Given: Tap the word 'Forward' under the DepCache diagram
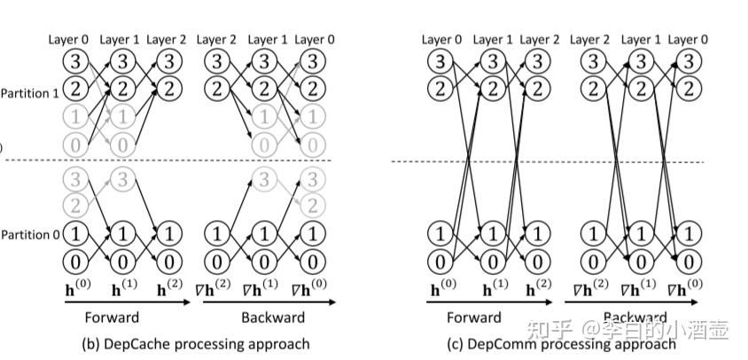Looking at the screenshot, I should pyautogui.click(x=112, y=317).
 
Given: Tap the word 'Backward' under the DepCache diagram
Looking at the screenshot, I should pyautogui.click(x=274, y=317).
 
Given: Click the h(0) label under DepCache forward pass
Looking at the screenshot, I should pyautogui.click(x=77, y=289).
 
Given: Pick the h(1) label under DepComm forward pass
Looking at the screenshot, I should pyautogui.click(x=494, y=289).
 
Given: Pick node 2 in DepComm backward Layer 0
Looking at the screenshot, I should pyautogui.click(x=687, y=89).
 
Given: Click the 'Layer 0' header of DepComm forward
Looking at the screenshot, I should pyautogui.click(x=441, y=40).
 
